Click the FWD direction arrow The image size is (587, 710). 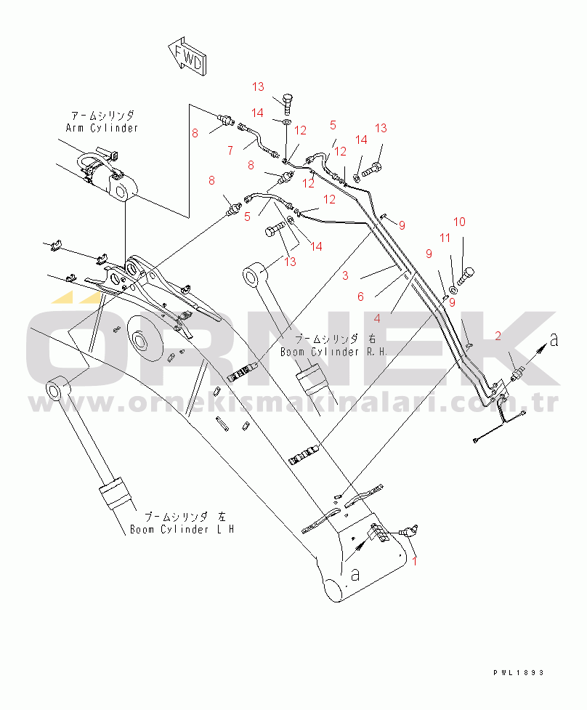(187, 56)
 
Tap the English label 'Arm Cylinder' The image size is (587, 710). (102, 128)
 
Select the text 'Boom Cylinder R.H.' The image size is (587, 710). (334, 352)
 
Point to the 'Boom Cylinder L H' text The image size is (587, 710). (182, 529)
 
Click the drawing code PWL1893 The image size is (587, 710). (518, 673)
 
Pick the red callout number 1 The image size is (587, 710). (414, 561)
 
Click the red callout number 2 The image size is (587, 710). (498, 336)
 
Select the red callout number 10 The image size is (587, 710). (459, 222)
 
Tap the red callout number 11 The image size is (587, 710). (445, 238)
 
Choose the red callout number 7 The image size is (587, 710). (230, 150)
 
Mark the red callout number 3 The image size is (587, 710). (345, 275)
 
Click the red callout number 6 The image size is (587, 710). (360, 296)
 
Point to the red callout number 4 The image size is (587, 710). (378, 319)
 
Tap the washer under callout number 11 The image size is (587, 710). (453, 289)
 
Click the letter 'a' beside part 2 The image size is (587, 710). (554, 339)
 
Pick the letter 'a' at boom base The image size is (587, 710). (355, 575)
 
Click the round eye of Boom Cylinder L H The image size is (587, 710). (56, 389)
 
